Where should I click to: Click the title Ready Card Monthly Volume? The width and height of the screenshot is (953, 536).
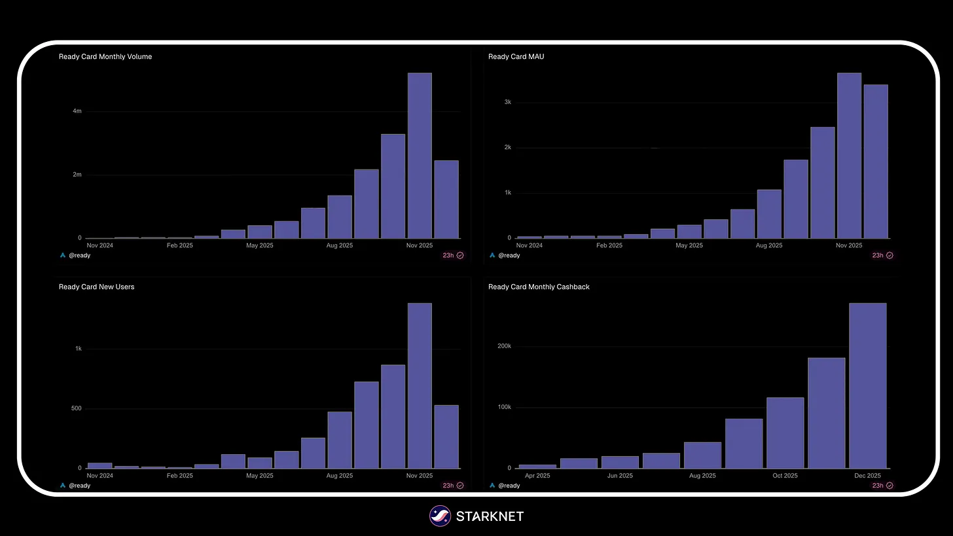point(105,57)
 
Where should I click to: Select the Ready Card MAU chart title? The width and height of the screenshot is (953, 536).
point(516,57)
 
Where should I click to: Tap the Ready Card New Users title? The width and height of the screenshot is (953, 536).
point(96,287)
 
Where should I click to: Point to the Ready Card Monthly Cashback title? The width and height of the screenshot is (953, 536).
point(539,287)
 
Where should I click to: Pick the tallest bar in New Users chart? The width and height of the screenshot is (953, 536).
point(420,386)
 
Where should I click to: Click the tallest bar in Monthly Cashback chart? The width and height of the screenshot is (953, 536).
point(868,386)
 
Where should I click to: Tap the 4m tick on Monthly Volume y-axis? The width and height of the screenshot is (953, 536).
point(77,111)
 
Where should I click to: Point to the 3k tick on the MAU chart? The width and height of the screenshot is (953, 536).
point(507,102)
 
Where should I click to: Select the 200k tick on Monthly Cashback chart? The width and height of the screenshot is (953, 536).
point(504,346)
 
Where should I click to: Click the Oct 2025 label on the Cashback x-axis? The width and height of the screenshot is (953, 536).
point(785,476)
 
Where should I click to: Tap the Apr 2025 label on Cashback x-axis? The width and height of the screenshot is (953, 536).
point(537,476)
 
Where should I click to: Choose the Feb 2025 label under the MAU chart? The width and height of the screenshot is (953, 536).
point(609,246)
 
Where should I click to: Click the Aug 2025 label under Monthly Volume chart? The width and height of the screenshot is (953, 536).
point(340,246)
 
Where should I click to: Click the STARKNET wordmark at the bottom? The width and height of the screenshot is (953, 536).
point(490,516)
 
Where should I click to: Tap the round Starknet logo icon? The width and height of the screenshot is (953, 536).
point(440,516)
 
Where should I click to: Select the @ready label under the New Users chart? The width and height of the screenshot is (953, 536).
point(79,486)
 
